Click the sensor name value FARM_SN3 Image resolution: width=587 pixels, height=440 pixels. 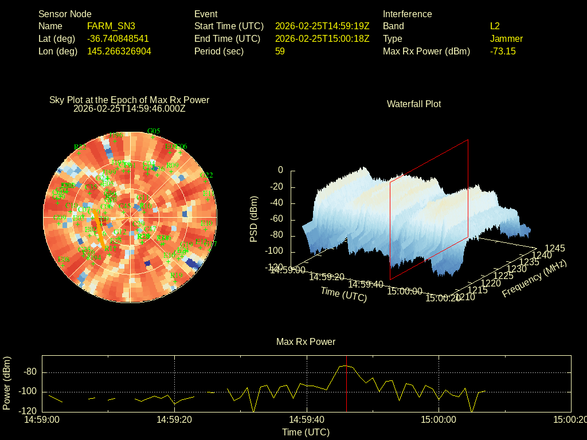(x=111, y=26)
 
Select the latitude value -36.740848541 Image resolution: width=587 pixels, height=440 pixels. (x=118, y=38)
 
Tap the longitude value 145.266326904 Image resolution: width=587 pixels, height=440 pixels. (x=119, y=51)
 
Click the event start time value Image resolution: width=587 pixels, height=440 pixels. (x=322, y=26)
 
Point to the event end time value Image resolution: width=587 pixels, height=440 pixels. (x=322, y=38)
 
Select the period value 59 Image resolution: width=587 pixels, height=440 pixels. (x=280, y=51)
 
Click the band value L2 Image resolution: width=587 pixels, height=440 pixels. (x=495, y=26)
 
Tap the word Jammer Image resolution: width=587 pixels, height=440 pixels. (x=506, y=38)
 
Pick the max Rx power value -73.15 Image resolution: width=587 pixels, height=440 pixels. (x=503, y=51)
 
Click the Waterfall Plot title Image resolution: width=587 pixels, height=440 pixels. (x=414, y=104)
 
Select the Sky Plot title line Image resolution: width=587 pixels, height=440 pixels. (x=129, y=100)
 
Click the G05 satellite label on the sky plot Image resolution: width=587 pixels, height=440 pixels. (x=154, y=131)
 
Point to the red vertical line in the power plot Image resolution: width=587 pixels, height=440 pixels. (x=347, y=390)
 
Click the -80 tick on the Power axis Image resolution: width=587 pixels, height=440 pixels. (x=30, y=372)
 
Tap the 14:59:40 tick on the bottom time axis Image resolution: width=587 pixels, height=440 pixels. (x=306, y=419)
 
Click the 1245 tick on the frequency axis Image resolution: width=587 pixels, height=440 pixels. (x=554, y=248)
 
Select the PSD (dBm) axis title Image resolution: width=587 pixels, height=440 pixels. (x=254, y=219)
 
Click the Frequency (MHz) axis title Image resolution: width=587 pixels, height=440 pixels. (x=534, y=278)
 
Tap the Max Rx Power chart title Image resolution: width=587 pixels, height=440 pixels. (x=306, y=341)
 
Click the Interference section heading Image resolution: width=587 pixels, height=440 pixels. (x=407, y=14)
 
